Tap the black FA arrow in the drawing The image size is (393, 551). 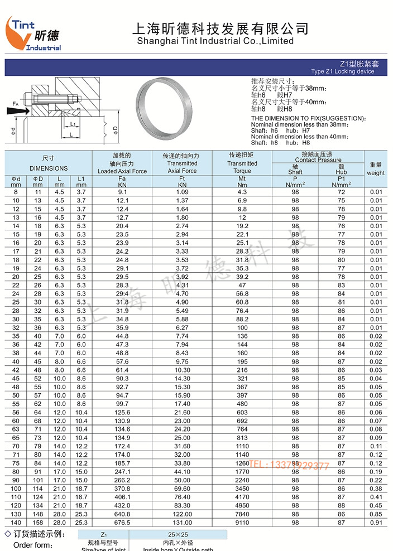[16, 111]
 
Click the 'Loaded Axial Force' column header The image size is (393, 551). [122, 171]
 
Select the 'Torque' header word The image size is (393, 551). [242, 171]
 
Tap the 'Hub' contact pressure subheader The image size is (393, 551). [341, 172]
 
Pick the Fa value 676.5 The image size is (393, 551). [122, 523]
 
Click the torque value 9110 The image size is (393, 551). [242, 523]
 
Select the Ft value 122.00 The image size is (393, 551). [183, 514]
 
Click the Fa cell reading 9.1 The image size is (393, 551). [122, 192]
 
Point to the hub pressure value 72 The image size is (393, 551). [341, 192]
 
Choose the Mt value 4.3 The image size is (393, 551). [242, 192]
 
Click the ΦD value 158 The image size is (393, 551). [37, 523]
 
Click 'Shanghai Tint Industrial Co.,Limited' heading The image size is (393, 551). [215, 41]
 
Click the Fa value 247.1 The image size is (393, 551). [122, 472]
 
